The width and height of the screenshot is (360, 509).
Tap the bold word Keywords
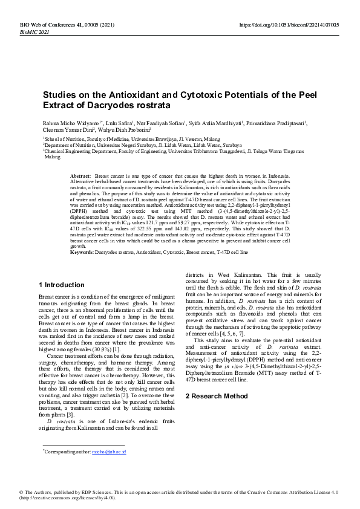(82, 251)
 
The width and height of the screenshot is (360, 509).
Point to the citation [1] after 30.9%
(116, 349)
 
